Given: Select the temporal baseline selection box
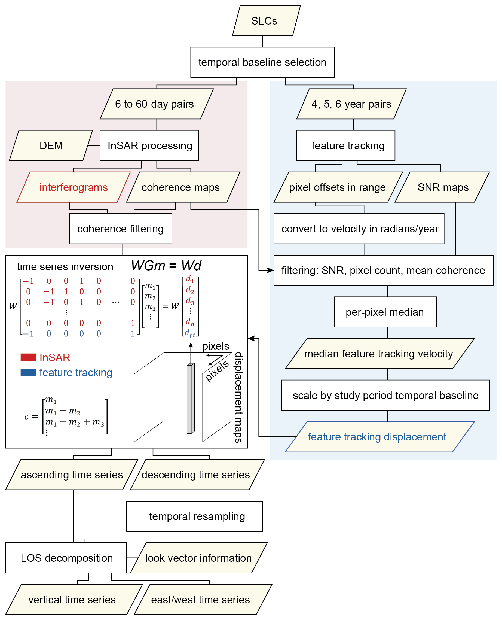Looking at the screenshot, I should pyautogui.click(x=262, y=62).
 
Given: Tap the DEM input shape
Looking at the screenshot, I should pyautogui.click(x=51, y=145).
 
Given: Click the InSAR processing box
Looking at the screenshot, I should pyautogui.click(x=149, y=145).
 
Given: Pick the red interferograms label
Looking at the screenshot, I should pyautogui.click(x=74, y=187).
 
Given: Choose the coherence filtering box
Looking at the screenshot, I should pyautogui.click(x=121, y=229).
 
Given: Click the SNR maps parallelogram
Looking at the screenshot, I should pyautogui.click(x=442, y=187).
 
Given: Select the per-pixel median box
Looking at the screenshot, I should pyautogui.click(x=385, y=312).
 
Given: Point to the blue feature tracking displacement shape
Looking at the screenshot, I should pyautogui.click(x=377, y=437).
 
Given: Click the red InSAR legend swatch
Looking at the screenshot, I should pyautogui.click(x=28, y=357).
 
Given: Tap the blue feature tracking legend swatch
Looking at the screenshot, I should pyautogui.click(x=28, y=372).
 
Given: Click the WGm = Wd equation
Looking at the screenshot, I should pyautogui.click(x=166, y=266).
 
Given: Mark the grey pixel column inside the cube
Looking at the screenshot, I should pyautogui.click(x=190, y=399).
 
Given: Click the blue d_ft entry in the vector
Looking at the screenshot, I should pyautogui.click(x=190, y=333).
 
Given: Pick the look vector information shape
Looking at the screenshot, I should pyautogui.click(x=198, y=558).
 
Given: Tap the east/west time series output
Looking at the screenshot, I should pyautogui.click(x=200, y=600).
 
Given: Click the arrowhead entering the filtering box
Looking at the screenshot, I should pyautogui.click(x=271, y=271).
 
